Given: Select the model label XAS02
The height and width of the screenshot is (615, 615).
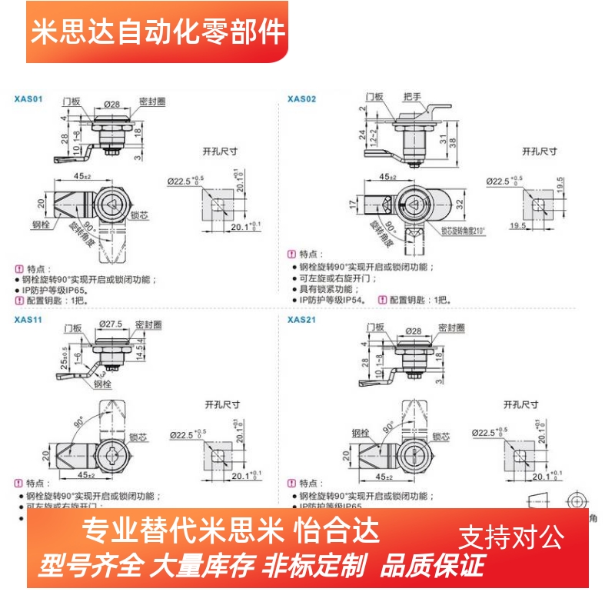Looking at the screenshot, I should (301, 99).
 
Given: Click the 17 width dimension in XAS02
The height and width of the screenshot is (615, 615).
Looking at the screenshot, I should (352, 204).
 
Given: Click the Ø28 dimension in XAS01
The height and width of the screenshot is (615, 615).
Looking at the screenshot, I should (109, 104).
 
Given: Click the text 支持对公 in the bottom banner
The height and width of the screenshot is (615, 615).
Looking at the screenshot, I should (511, 536).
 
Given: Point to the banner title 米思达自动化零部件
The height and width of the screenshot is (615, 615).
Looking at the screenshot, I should (158, 32).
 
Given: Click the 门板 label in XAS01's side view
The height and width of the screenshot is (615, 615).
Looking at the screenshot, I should (71, 101).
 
